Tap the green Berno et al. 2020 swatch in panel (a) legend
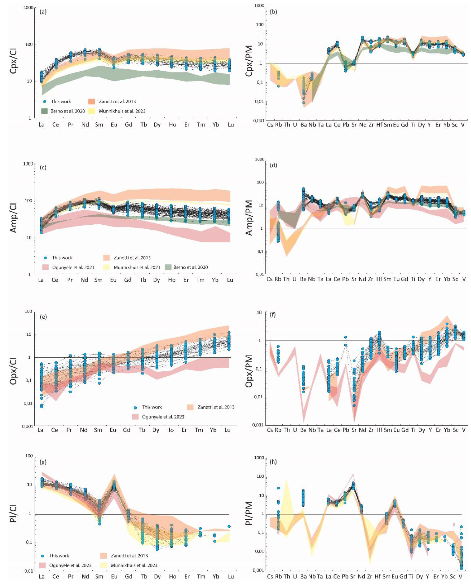point(45,111)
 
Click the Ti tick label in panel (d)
point(413,279)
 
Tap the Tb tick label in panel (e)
point(142,430)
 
